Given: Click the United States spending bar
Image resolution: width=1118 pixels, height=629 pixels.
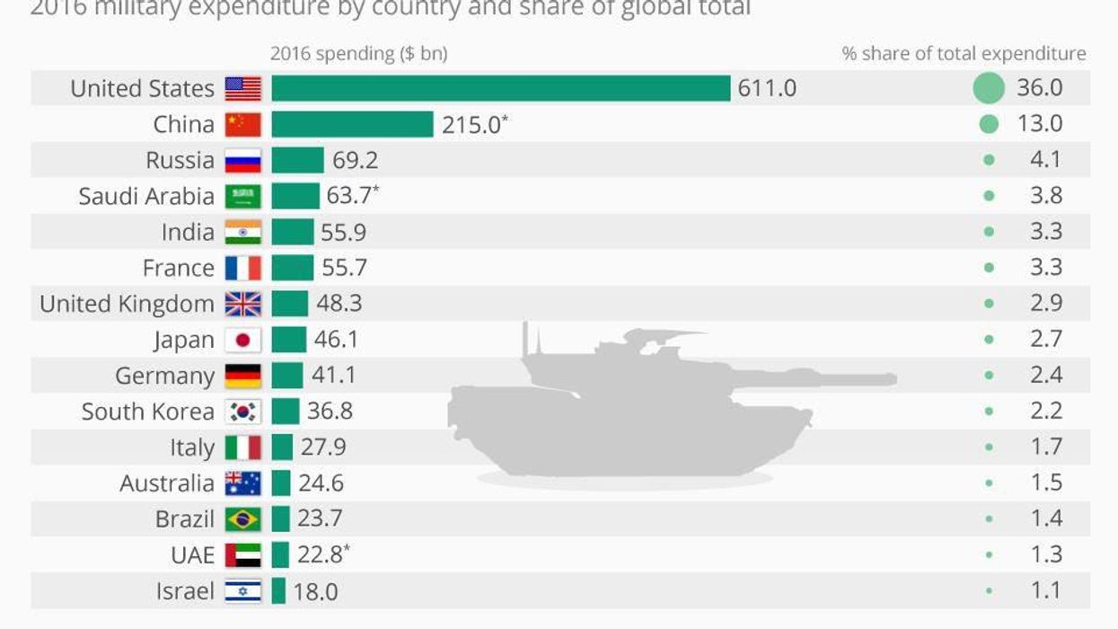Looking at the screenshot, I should pos(500,88).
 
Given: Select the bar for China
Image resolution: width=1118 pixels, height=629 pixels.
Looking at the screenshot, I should pos(352,124).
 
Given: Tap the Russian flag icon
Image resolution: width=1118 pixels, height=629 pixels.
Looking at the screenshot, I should pos(242,160).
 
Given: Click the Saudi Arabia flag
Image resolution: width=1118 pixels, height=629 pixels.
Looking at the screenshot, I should pos(242,196).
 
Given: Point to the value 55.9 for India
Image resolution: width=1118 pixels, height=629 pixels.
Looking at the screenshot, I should pos(344,232).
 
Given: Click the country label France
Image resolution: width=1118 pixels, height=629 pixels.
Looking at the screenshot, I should pos(179,268).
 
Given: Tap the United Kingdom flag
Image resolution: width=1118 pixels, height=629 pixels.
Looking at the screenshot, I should pos(242,304).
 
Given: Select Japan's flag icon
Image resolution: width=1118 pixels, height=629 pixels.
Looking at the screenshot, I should pos(242,340).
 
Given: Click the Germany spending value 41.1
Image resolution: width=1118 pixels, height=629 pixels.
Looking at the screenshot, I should pos(333,376).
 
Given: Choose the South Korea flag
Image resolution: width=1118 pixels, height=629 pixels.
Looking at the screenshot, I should pos(242,412).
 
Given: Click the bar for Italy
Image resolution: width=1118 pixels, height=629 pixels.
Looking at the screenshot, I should pos(282,447).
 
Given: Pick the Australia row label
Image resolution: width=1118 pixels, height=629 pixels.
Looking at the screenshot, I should pos(167,483).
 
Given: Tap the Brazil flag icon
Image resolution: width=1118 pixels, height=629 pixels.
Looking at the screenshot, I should pos(242,519).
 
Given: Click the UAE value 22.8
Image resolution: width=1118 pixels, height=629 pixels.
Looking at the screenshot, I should pos(321,555).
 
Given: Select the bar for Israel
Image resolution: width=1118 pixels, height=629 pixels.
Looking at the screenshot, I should pos(278,591).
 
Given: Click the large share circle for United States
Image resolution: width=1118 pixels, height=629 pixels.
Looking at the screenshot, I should pos(988,88).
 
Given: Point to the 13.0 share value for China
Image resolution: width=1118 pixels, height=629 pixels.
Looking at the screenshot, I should pos(1039,124).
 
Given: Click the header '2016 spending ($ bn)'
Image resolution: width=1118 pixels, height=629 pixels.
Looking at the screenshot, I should pos(358,54).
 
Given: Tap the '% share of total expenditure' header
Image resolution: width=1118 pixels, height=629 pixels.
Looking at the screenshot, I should pos(964,54).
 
